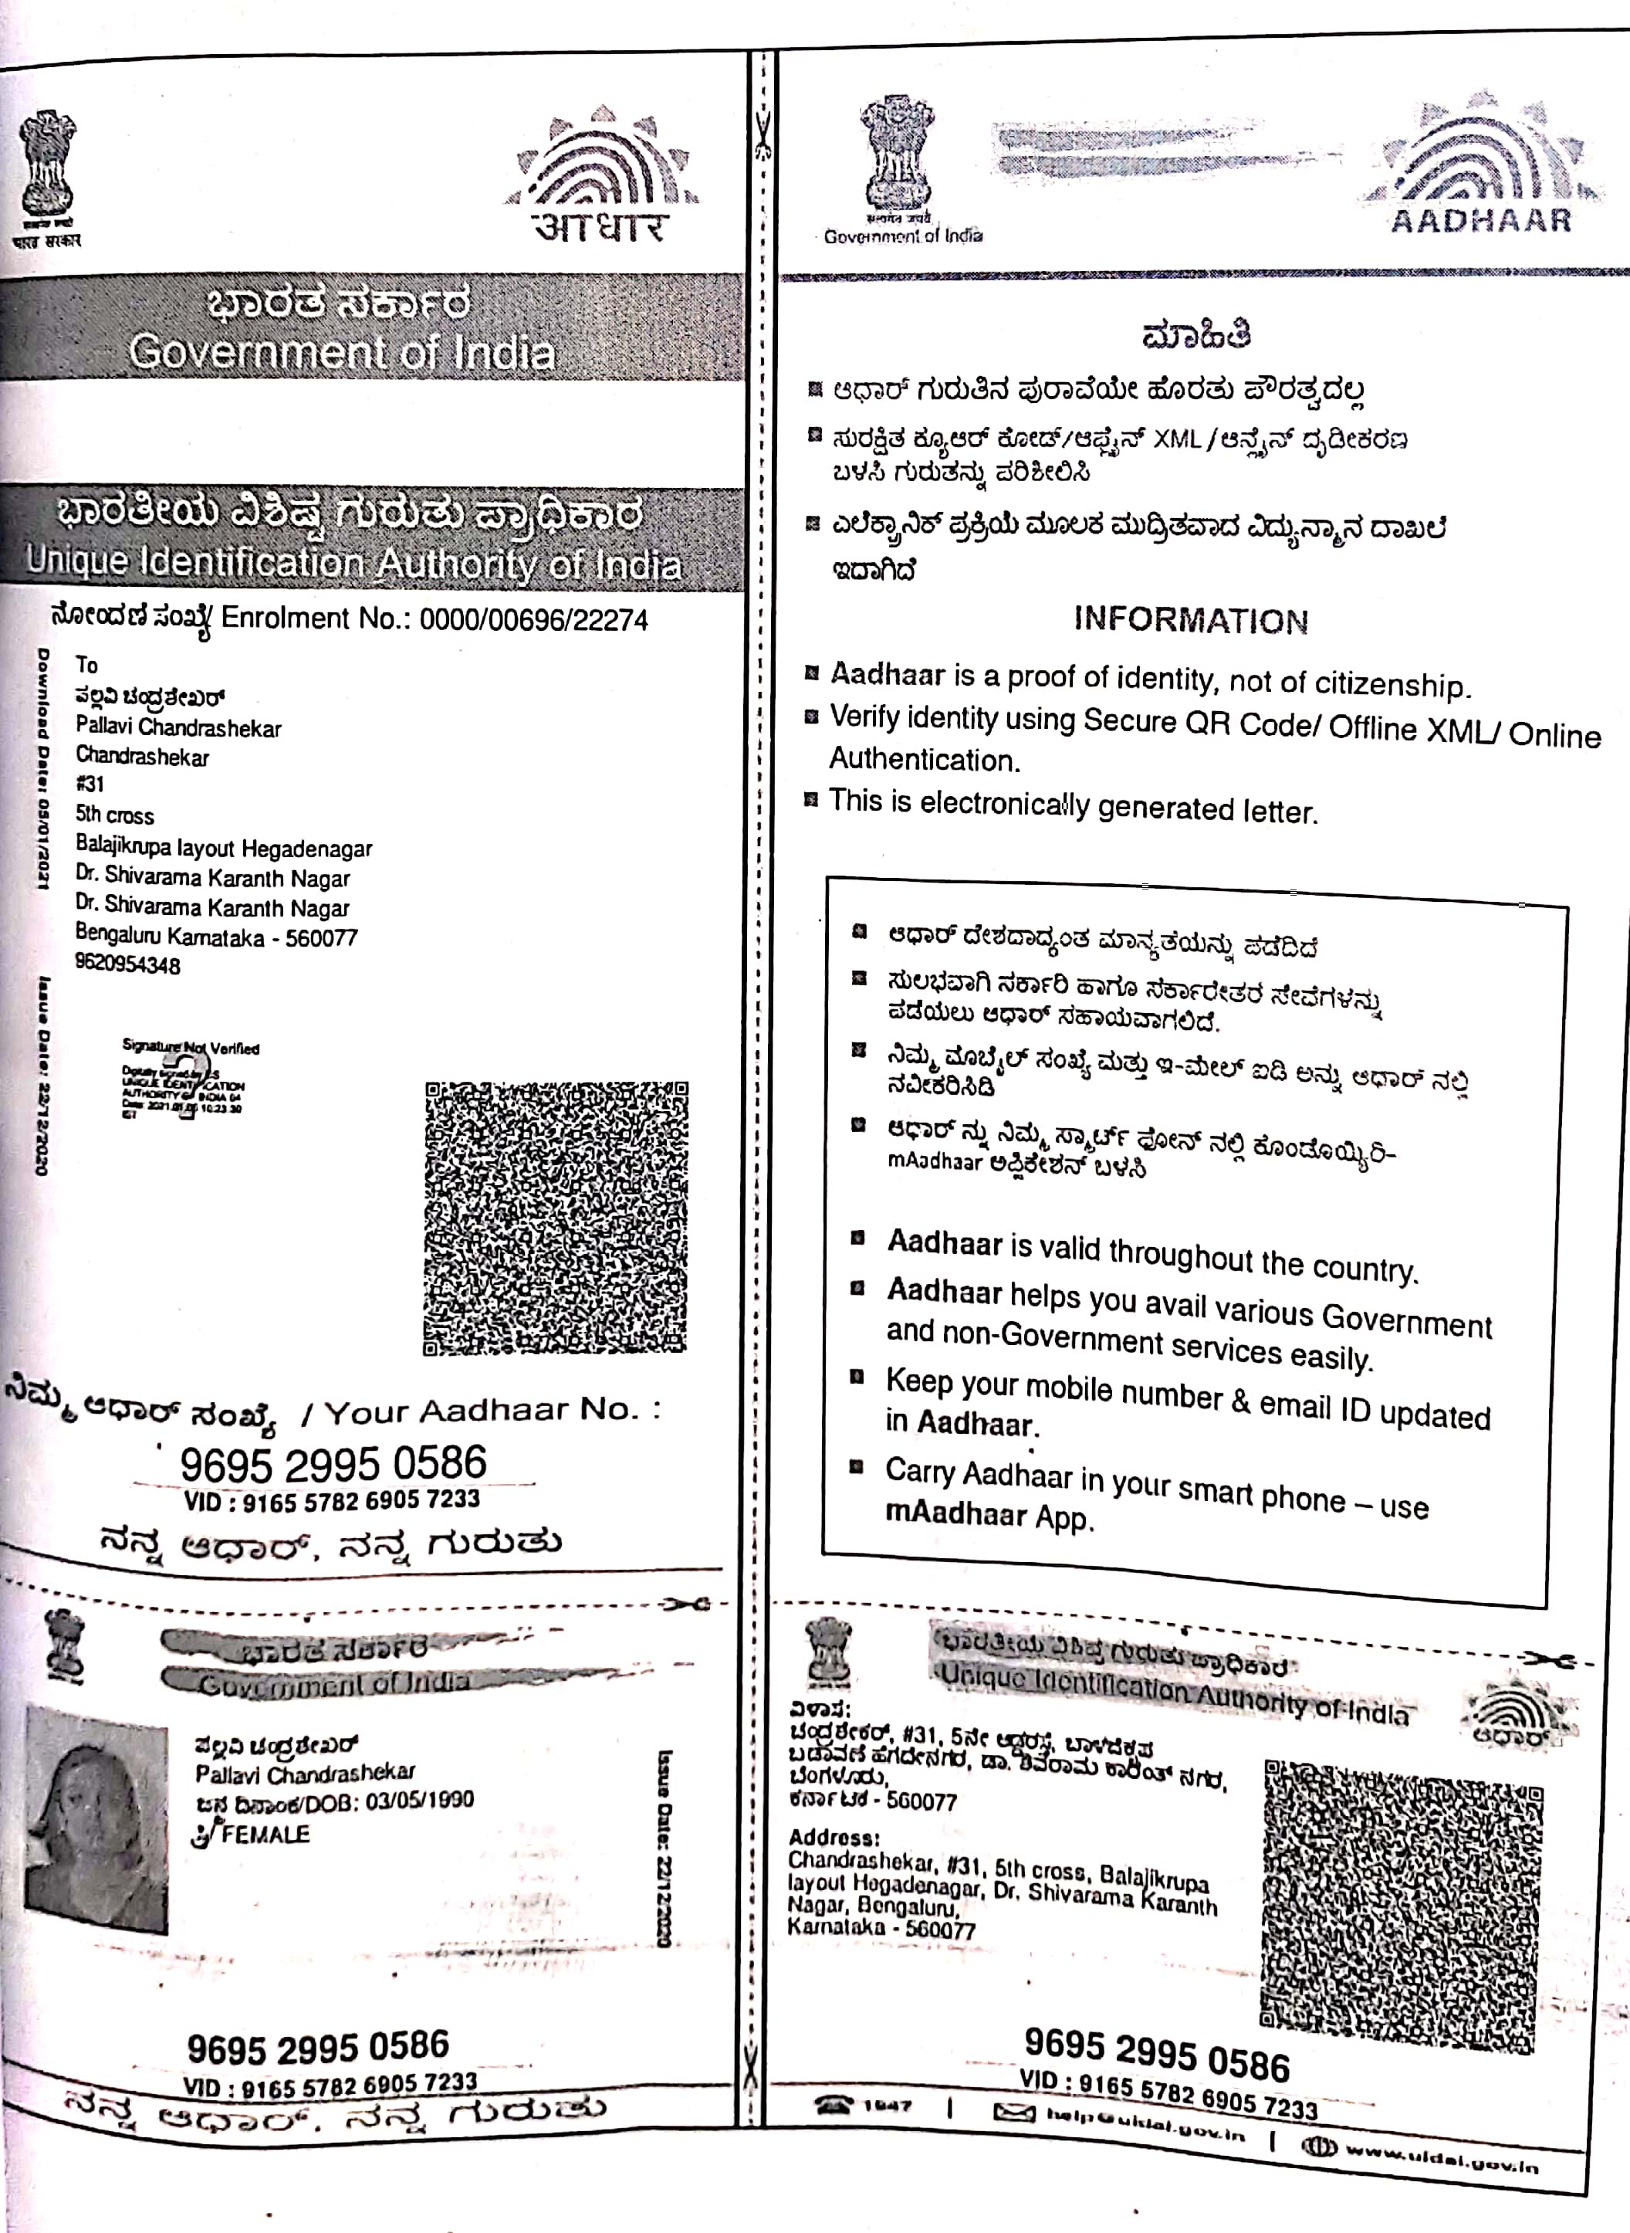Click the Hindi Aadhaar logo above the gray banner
[601, 183]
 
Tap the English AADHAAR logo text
[1480, 220]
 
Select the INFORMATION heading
[1191, 620]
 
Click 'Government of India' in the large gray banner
[341, 352]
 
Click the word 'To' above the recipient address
[87, 664]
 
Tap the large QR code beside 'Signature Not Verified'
[556, 1216]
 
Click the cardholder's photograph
[96, 1818]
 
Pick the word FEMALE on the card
[265, 1834]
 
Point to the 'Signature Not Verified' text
[191, 1049]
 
